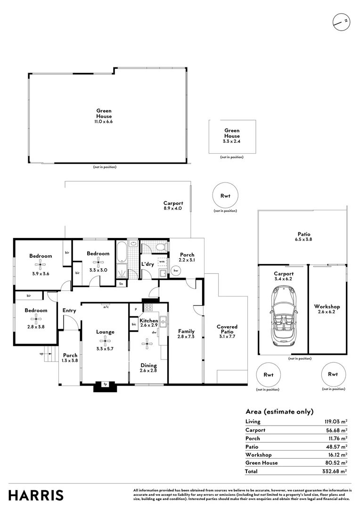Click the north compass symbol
342,22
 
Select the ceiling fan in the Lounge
105,341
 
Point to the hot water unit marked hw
176,270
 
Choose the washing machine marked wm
162,261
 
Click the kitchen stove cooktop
148,307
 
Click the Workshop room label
327,306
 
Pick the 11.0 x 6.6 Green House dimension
104,122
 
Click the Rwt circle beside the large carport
225,196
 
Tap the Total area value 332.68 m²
335,471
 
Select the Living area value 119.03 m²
335,422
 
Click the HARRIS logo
36,496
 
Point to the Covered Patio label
227,329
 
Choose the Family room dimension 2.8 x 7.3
186,337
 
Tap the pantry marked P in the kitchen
136,309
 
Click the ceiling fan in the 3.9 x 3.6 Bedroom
40,264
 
